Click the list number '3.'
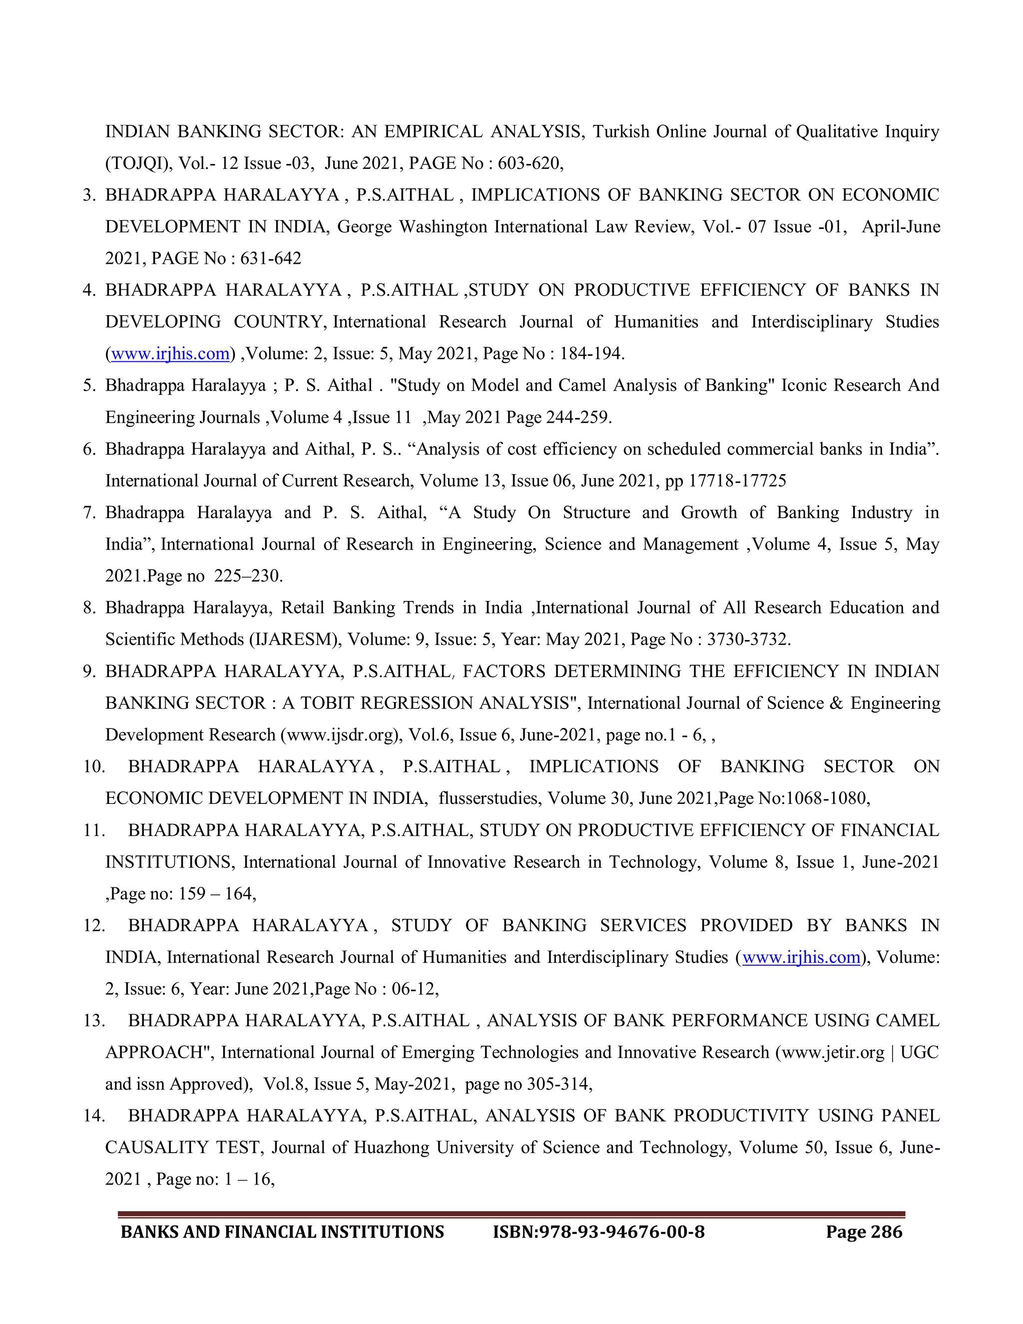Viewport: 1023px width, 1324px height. pos(90,195)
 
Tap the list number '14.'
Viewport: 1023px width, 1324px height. pos(94,1116)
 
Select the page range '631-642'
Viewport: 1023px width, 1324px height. pos(270,258)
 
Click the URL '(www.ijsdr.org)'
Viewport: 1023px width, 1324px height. pos(341,735)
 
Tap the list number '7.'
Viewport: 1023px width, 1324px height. pos(90,513)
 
